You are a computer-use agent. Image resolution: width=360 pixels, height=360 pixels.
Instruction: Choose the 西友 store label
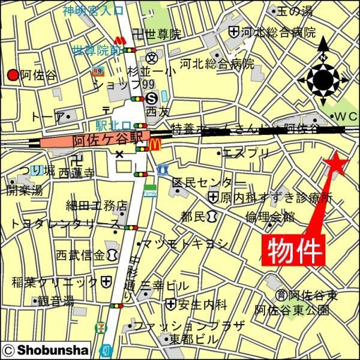(158, 112)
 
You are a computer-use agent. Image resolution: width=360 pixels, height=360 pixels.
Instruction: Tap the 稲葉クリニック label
(55, 281)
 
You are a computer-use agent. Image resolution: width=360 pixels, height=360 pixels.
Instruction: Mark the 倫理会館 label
(270, 216)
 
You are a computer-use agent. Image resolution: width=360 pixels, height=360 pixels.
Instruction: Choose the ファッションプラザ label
(189, 326)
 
